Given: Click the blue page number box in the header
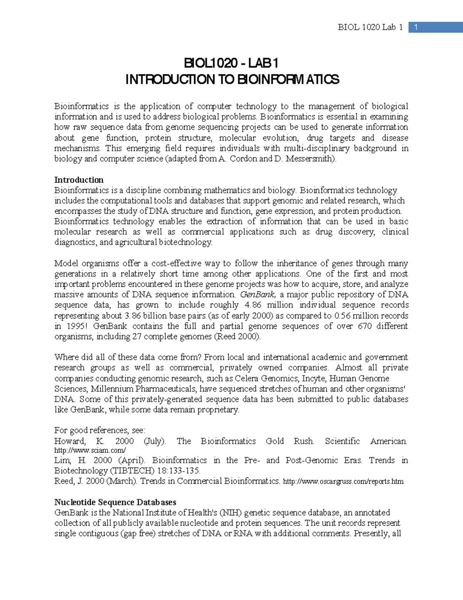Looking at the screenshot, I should pyautogui.click(x=416, y=27).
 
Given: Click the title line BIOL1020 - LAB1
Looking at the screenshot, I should pyautogui.click(x=231, y=63).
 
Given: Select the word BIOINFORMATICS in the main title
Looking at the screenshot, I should pyautogui.click(x=288, y=80).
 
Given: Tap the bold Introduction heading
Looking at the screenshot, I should pyautogui.click(x=79, y=180).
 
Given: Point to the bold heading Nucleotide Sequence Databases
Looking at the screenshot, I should pyautogui.click(x=115, y=502).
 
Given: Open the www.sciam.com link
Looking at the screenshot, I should pyautogui.click(x=90, y=450).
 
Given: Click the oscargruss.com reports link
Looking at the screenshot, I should pyautogui.click(x=343, y=481).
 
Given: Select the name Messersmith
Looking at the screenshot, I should pyautogui.click(x=310, y=159).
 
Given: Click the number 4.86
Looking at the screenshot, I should pyautogui.click(x=253, y=305).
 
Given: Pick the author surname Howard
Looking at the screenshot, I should pyautogui.click(x=69, y=441).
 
